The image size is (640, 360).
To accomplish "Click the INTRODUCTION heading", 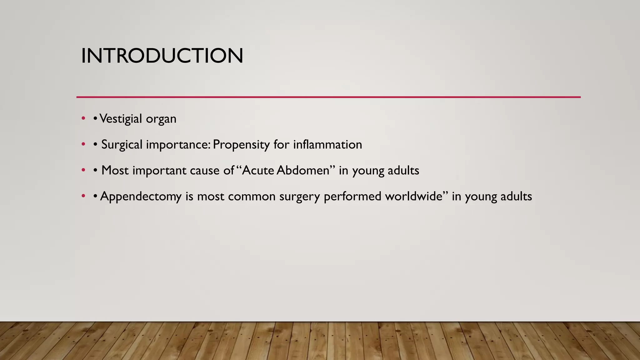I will pyautogui.click(x=162, y=56).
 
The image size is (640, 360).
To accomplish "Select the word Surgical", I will pyautogui.click(x=122, y=145).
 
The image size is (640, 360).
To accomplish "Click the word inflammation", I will pyautogui.click(x=327, y=145).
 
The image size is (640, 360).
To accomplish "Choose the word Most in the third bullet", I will pyautogui.click(x=115, y=170).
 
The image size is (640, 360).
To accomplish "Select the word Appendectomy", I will pyautogui.click(x=141, y=197).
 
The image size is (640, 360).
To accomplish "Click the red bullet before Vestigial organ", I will pyautogui.click(x=83, y=118).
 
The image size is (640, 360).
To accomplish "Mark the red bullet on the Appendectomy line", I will pyautogui.click(x=83, y=196).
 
